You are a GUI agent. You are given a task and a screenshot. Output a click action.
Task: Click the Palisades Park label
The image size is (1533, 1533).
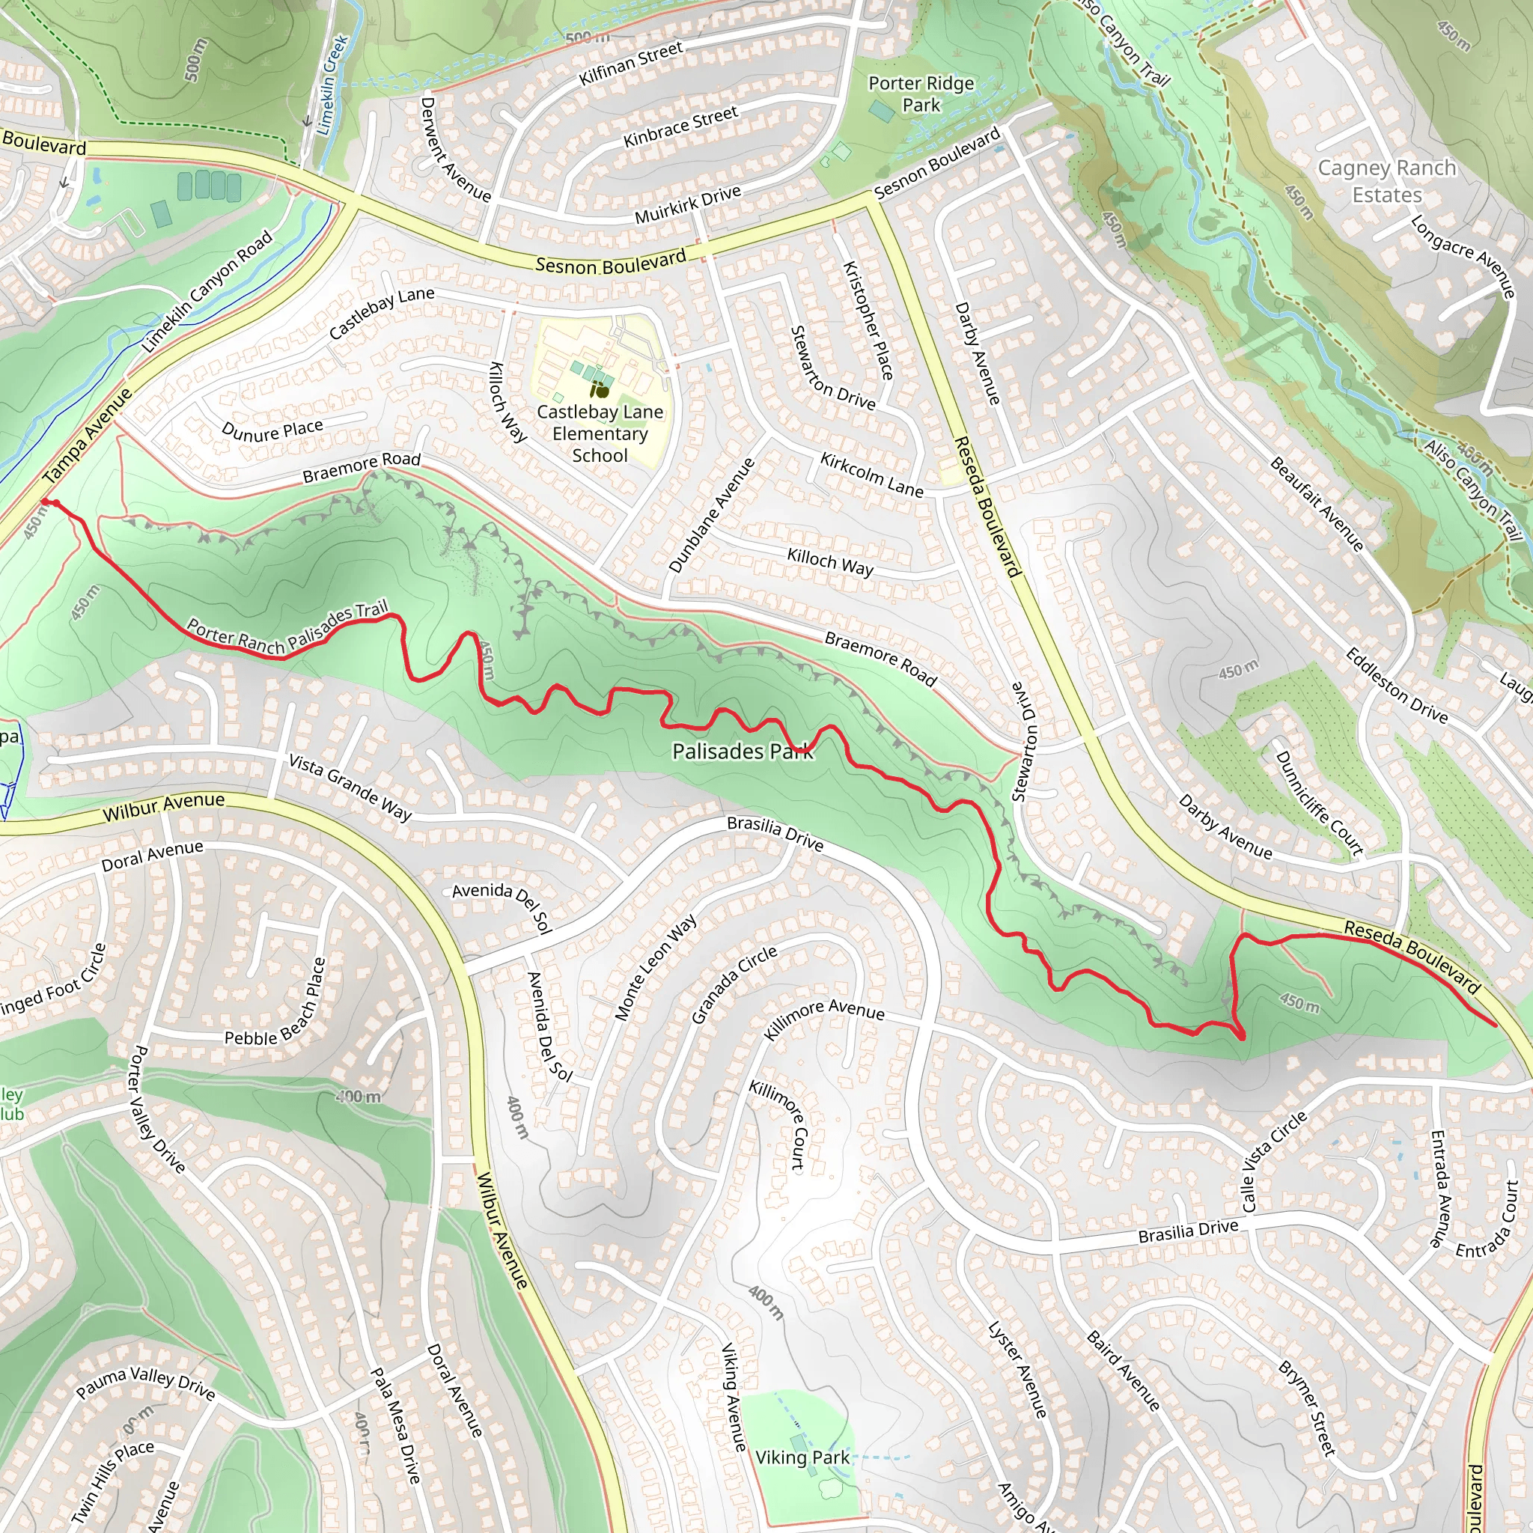coord(742,751)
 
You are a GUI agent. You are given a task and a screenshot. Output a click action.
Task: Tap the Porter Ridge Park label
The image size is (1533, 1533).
coord(921,94)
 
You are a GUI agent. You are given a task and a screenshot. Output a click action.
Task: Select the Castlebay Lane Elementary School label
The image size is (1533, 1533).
coord(600,433)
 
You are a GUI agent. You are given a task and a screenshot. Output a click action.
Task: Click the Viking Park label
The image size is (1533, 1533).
coord(802,1457)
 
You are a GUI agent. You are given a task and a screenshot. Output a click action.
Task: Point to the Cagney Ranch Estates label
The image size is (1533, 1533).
coord(1386,181)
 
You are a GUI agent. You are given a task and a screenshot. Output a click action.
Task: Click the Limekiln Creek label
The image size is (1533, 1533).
coord(332,85)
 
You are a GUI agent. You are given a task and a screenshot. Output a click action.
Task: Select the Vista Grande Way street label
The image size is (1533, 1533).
coord(350,787)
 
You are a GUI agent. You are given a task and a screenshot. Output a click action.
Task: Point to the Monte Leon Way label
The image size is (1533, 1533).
coord(656,967)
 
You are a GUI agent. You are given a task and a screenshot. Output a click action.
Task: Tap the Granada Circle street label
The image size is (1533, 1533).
coord(734,985)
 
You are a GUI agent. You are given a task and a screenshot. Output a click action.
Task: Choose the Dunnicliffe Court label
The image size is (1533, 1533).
coord(1318,802)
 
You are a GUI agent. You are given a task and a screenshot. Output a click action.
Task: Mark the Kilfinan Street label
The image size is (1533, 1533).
coord(631,64)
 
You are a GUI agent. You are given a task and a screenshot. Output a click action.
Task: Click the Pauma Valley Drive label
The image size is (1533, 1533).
coord(145,1384)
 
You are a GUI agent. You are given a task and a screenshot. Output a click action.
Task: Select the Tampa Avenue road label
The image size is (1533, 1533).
coord(88,436)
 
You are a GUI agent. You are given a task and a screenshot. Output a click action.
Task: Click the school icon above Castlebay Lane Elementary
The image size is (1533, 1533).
coord(600,389)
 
